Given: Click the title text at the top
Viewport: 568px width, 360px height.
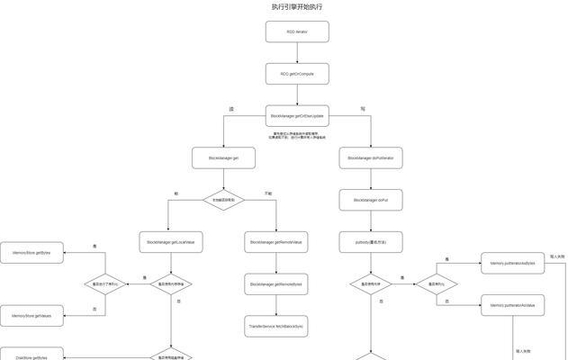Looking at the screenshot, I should [x=297, y=6].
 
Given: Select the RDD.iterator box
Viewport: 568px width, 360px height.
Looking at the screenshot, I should [x=297, y=31].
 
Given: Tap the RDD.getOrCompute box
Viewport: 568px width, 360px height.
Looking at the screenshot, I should [x=297, y=73].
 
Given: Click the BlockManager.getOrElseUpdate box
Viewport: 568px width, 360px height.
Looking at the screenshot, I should [x=297, y=115].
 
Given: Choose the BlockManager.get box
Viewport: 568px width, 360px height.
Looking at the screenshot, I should [x=223, y=157].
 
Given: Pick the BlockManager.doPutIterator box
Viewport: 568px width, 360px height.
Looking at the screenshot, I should [x=371, y=157].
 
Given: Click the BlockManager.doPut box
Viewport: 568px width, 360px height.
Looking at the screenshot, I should [x=371, y=200].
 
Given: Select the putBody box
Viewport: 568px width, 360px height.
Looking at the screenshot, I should [x=371, y=241].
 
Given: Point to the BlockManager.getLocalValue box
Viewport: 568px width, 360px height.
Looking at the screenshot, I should [x=171, y=241].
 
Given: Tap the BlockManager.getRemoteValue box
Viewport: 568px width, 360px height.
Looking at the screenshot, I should [x=277, y=241].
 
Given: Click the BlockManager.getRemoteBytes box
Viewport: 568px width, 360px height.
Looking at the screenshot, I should [x=277, y=283].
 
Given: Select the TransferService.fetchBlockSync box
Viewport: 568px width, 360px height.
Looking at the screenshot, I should [x=277, y=325].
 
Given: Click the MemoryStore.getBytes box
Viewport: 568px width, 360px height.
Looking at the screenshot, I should [x=32, y=253].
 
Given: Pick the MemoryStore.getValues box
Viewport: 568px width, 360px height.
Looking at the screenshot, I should [x=32, y=316].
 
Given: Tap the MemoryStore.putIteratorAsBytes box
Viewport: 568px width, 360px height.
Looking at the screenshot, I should [x=513, y=263].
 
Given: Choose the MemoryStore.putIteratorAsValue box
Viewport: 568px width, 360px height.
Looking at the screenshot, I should [x=513, y=305].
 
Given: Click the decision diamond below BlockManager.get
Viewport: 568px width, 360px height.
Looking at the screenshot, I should [x=223, y=200].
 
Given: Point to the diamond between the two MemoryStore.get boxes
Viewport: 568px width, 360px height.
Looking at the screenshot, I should [x=104, y=284].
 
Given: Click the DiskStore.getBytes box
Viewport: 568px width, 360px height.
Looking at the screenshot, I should [x=32, y=356].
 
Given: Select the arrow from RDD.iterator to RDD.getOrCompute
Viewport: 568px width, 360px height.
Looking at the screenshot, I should [x=297, y=52].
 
